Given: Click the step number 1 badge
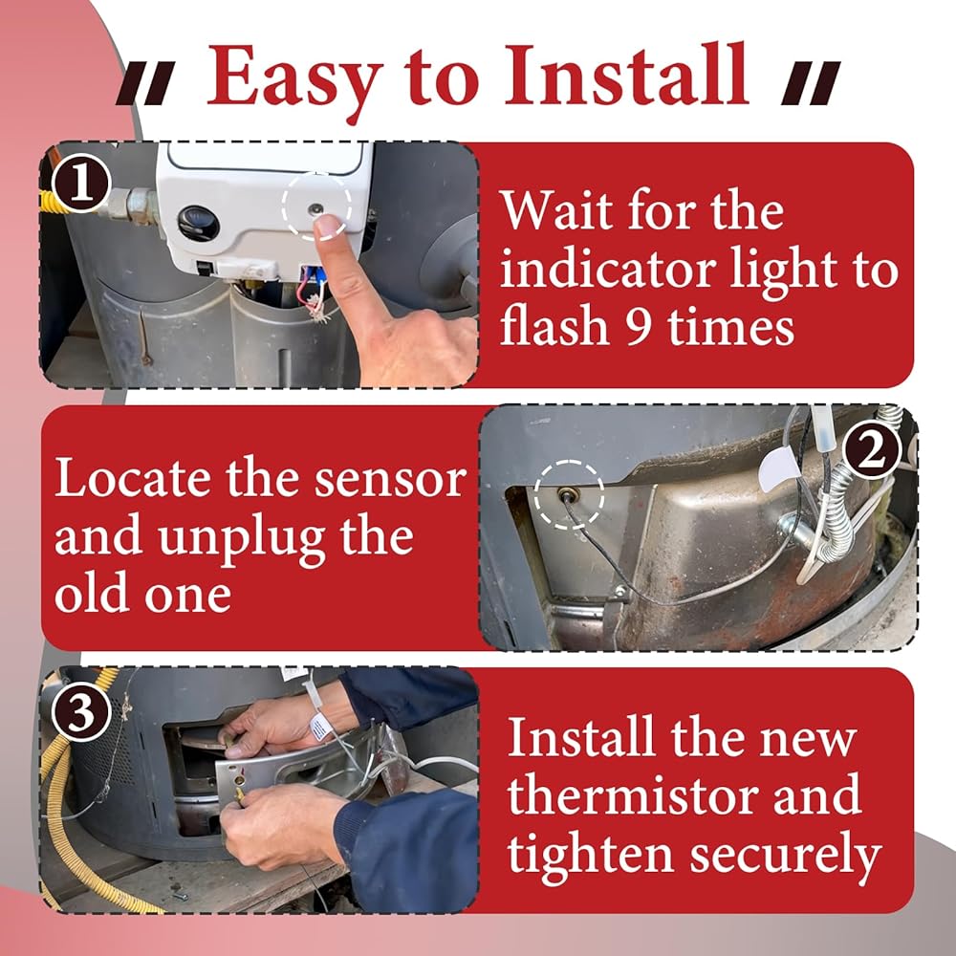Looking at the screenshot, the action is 81,184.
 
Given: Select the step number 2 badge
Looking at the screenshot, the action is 871,452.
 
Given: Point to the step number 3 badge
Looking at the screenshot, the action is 81,711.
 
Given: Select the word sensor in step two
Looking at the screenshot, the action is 390,480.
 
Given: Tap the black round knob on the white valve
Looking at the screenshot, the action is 199,223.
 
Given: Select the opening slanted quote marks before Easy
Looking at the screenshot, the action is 145,82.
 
